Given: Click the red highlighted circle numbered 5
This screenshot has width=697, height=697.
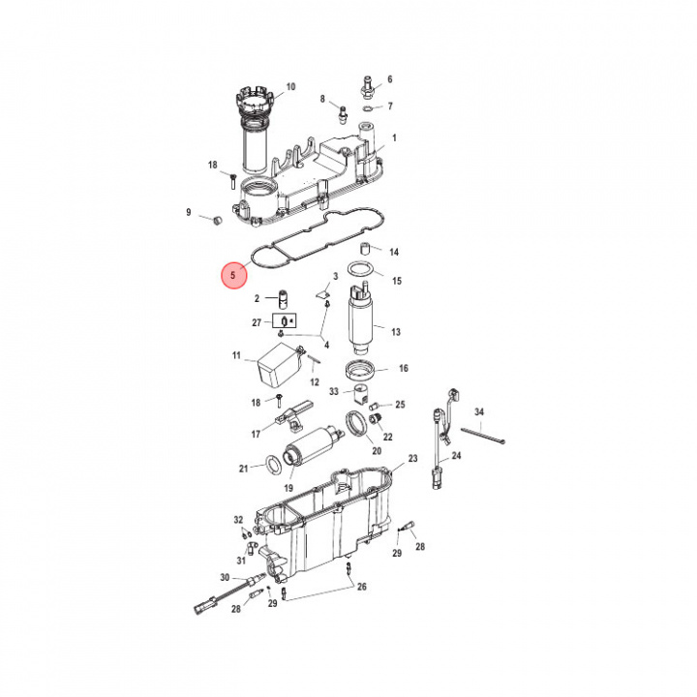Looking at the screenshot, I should [x=232, y=276].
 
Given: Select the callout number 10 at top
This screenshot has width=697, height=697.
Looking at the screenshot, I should [x=290, y=86].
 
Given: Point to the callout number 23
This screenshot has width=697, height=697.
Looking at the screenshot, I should [x=412, y=458].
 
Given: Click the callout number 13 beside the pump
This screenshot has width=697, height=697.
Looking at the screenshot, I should [x=396, y=332].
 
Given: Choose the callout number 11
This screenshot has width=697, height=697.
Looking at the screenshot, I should [x=236, y=356].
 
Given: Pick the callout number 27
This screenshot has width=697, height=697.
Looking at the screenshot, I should [x=257, y=322].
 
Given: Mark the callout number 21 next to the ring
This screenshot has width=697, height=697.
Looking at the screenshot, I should [x=244, y=469].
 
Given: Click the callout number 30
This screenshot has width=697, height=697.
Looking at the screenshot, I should [x=225, y=578].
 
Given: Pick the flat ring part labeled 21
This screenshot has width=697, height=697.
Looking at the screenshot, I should [x=274, y=467].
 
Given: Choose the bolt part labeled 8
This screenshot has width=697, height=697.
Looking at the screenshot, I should [x=341, y=113].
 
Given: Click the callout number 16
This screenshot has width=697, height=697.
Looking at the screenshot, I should [x=404, y=368].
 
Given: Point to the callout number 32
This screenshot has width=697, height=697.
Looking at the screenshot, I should [x=238, y=520].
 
